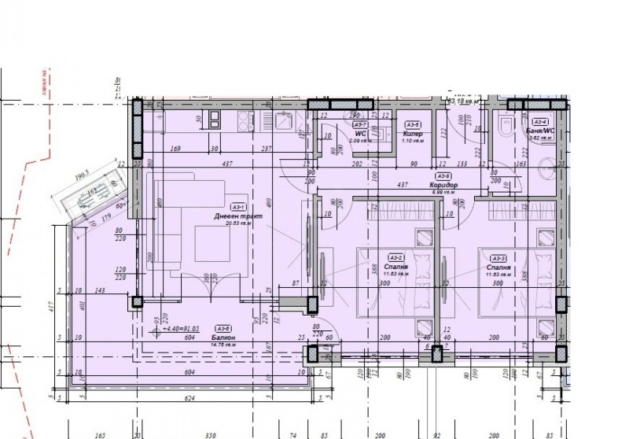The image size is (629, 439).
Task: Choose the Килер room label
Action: (x=413, y=135)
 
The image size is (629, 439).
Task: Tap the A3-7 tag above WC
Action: (x=360, y=124)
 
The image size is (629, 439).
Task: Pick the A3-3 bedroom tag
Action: (x=497, y=257)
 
